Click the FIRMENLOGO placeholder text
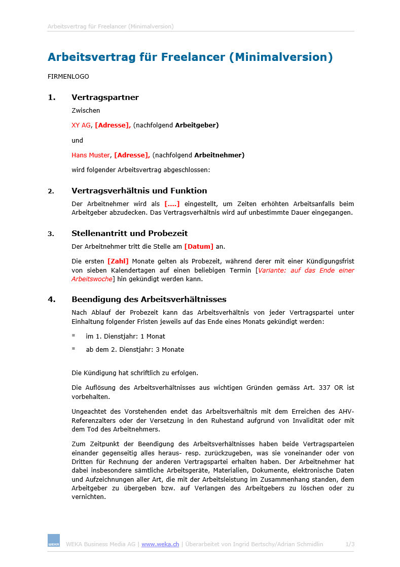68,77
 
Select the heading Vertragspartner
105,97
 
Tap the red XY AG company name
81,125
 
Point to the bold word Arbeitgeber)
197,125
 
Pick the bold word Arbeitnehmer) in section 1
219,155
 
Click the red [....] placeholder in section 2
172,204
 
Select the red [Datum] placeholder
199,246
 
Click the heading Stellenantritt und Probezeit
129,234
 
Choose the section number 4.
51,299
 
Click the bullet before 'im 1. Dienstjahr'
74,336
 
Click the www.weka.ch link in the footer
160,544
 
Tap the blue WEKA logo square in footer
54,540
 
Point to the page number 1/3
350,544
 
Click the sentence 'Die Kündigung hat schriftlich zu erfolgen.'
135,373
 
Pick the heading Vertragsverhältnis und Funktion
139,191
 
